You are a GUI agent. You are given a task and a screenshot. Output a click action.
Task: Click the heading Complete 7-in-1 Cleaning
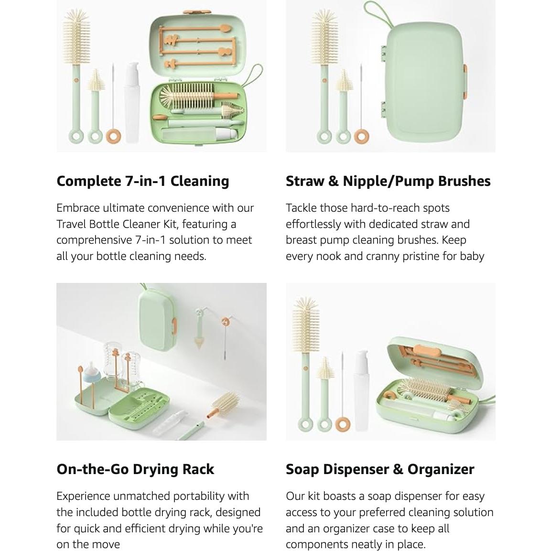142,181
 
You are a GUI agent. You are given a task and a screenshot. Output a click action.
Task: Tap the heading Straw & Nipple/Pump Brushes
388,181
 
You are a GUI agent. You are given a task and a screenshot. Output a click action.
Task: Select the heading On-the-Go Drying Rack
135,469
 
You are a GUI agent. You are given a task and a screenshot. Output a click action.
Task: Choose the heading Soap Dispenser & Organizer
379,469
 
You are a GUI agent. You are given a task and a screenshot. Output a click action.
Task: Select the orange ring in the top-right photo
362,136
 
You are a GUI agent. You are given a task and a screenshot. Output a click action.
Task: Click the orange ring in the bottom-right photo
342,423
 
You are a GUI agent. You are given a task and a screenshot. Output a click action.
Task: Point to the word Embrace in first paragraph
78,208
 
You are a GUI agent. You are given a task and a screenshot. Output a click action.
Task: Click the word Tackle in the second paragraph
301,208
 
